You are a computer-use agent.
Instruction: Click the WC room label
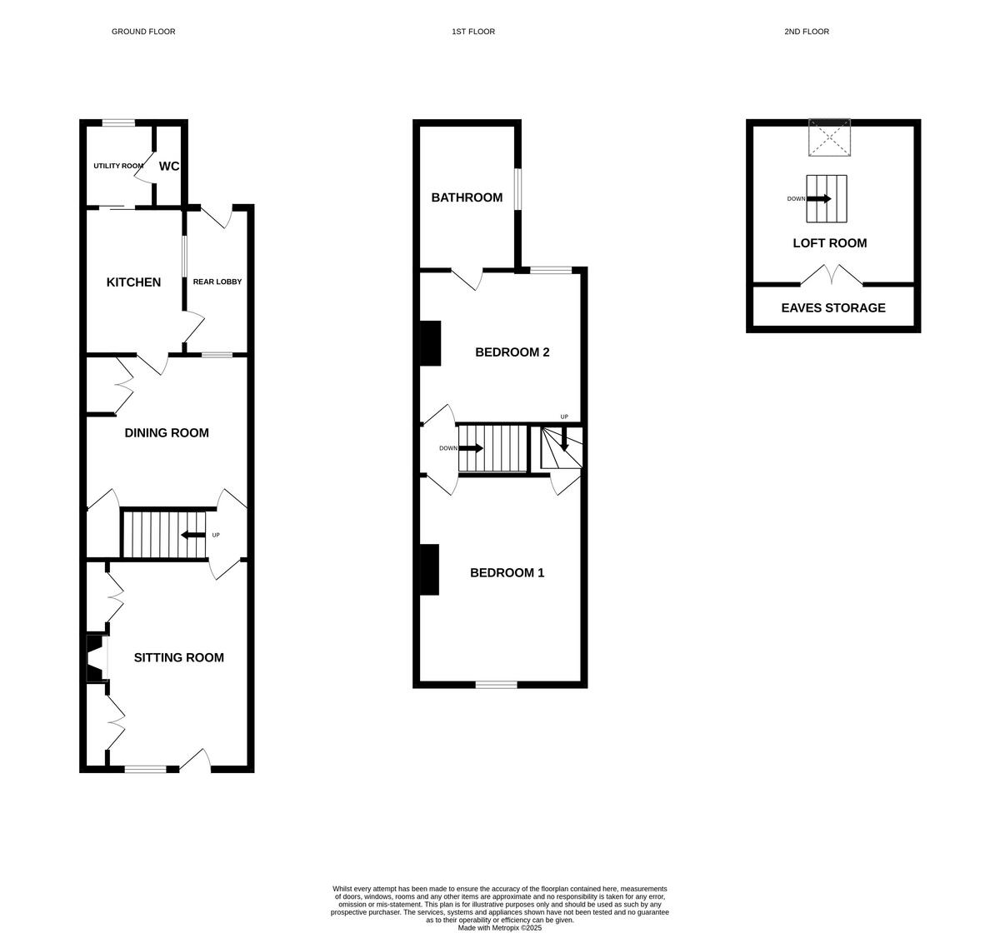[x=169, y=167]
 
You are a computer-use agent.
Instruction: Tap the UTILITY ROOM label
[x=118, y=166]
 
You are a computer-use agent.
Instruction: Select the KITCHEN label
[x=133, y=282]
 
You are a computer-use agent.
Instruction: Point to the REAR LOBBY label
[x=217, y=282]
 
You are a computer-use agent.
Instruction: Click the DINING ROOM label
[x=167, y=433]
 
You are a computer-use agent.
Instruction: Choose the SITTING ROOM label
[x=179, y=658]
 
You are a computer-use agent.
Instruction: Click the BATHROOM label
[x=467, y=197]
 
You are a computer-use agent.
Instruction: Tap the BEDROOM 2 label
[x=512, y=352]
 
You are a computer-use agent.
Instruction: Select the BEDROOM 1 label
[x=507, y=573]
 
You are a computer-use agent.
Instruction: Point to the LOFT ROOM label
[x=829, y=243]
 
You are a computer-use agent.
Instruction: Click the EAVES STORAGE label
[x=833, y=308]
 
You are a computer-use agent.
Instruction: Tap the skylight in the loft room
[x=830, y=137]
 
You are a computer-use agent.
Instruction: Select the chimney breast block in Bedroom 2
[x=430, y=343]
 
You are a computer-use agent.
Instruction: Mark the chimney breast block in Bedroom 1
[x=429, y=570]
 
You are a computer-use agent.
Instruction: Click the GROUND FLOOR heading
[x=143, y=32]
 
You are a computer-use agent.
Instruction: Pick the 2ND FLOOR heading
[x=807, y=32]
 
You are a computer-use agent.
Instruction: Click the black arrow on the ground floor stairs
[x=193, y=535]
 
